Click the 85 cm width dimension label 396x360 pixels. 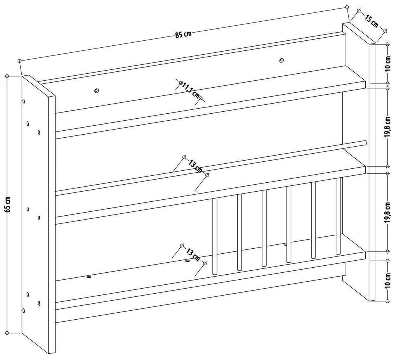pos(183,34)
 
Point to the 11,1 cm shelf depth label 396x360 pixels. pos(191,90)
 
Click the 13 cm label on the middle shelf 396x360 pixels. pos(195,166)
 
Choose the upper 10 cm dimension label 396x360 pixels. pos(388,64)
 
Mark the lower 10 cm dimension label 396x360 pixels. pos(388,280)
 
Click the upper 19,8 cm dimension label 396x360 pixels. pos(388,127)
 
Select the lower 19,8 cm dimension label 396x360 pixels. pos(388,213)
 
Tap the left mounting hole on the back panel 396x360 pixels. pos(96,90)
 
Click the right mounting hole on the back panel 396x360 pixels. pos(281,60)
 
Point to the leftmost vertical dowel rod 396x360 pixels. pos(215,236)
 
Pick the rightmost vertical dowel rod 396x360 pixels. pos(338,216)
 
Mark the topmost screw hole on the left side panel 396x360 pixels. pos(23,101)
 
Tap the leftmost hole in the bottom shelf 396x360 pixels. pos(89,277)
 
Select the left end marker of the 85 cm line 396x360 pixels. pos(19,61)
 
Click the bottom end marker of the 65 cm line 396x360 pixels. pos(7,333)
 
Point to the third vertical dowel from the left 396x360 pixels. pos(264,228)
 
